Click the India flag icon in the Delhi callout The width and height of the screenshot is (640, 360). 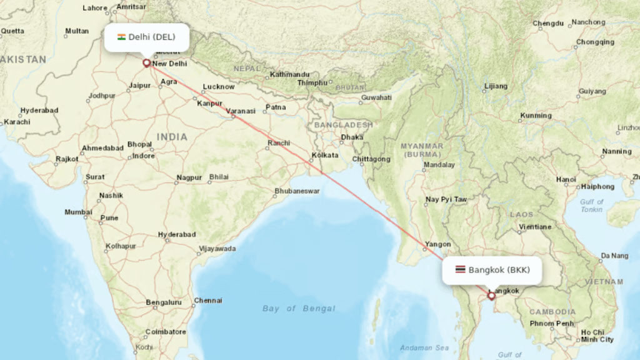pos(122,37)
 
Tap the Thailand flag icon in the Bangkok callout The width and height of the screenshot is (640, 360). pos(460,270)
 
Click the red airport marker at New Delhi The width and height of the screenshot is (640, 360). pos(147,62)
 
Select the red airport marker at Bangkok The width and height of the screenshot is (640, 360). pos(491,296)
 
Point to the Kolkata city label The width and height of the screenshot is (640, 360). pos(325,155)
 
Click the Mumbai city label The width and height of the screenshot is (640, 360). pos(78,212)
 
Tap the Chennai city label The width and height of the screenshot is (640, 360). pos(208,301)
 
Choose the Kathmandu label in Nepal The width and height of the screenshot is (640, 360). pos(289,74)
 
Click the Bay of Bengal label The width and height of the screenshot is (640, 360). pos(299,308)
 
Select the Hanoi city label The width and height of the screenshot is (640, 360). pos(566,179)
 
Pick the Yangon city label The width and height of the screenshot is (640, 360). pos(437,244)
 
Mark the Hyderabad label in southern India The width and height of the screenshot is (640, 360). pos(177,234)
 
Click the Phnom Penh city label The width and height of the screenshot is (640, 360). pos(551,323)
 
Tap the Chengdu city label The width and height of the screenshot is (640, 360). pos(548,24)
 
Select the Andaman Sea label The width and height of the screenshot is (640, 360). pos(425,347)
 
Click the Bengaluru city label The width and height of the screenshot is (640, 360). pos(163,302)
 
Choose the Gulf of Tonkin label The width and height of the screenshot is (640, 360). pos(591,206)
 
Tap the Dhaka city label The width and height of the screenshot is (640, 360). pos(352,137)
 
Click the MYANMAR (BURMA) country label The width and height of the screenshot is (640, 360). pos(422,149)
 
